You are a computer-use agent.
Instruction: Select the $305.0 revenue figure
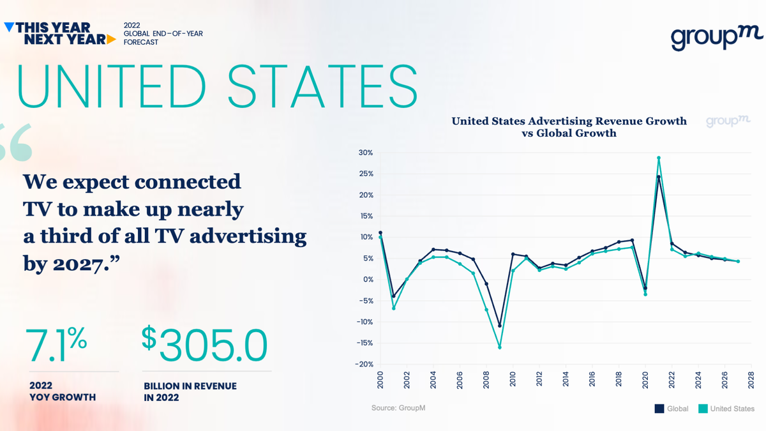(205, 345)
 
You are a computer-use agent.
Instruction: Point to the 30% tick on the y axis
(365, 153)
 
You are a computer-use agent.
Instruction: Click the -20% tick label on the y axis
(364, 365)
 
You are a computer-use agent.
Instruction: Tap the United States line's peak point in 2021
(658, 158)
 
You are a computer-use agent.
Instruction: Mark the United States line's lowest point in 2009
(499, 347)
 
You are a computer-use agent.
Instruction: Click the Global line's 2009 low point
(499, 326)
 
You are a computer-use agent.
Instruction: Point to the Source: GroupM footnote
(398, 407)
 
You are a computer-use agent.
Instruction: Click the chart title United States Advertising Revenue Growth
(569, 121)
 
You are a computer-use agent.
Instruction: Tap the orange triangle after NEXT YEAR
(112, 39)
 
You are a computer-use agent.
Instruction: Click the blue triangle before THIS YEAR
(8, 27)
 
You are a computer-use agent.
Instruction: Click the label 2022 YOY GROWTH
(62, 391)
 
